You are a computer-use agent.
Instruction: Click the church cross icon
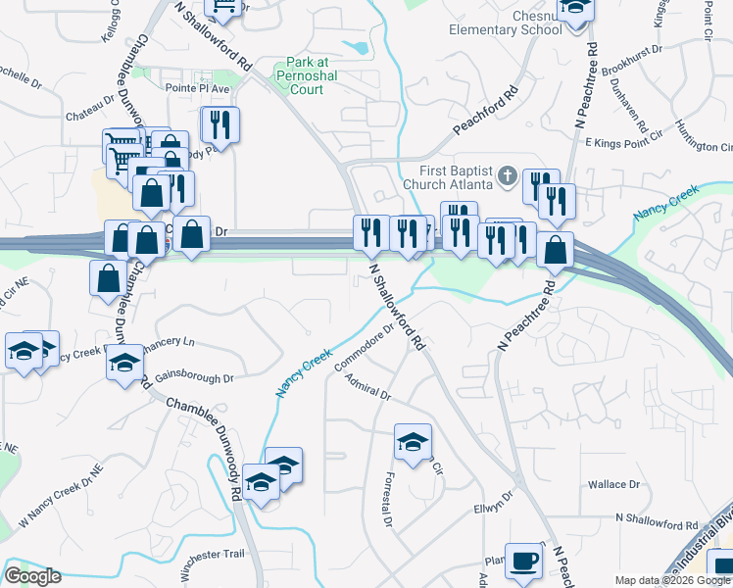[507, 176]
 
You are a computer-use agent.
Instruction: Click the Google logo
[32, 576]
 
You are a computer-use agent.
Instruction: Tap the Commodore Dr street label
[364, 348]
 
